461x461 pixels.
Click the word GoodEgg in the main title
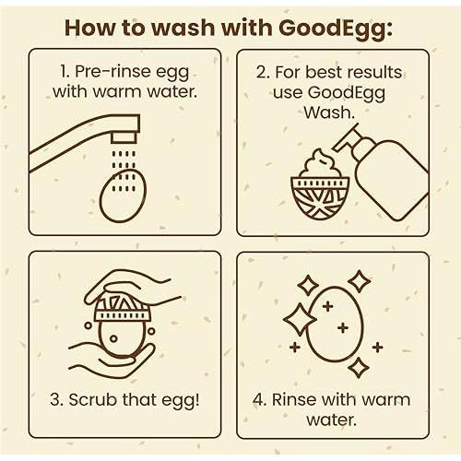[x=327, y=27]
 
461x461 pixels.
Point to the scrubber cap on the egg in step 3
[x=119, y=309]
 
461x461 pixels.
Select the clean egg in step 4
[x=333, y=322]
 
